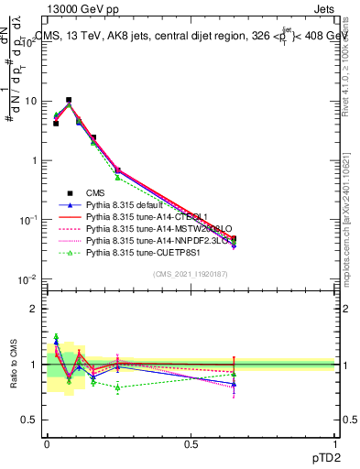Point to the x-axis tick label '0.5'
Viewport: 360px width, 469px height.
(191, 442)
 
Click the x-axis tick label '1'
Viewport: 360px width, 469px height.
(334, 442)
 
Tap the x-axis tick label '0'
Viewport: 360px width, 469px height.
(47, 442)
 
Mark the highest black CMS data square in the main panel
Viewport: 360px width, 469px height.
(69, 100)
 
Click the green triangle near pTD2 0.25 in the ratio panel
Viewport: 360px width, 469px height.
(118, 387)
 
